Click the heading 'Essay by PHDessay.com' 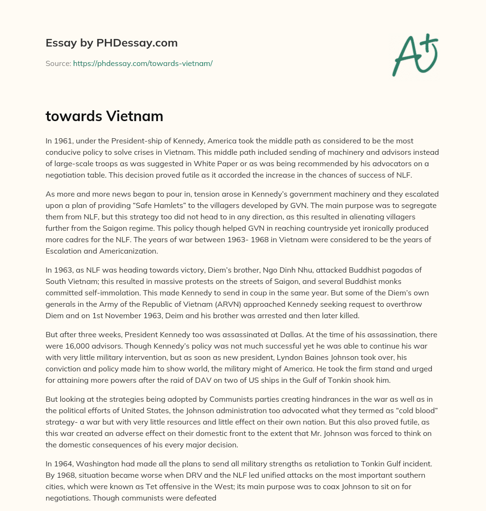[x=112, y=43]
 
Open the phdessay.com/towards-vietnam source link [x=142, y=63]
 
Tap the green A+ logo [x=415, y=55]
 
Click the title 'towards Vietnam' [x=104, y=116]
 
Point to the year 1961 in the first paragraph [x=63, y=141]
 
